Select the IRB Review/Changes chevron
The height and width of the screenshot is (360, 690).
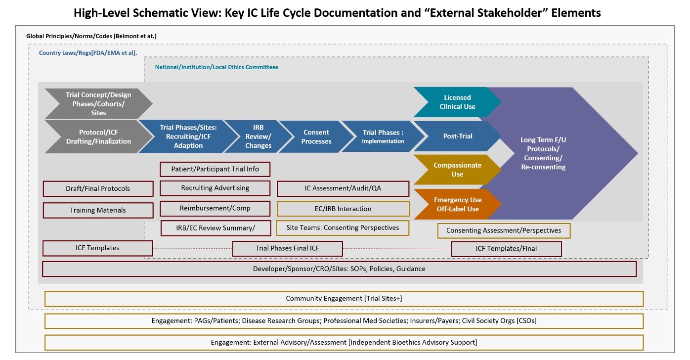click(x=258, y=136)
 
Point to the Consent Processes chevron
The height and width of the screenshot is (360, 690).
click(x=316, y=136)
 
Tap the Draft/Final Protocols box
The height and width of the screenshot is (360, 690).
click(x=98, y=188)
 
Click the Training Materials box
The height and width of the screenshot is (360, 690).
click(x=98, y=210)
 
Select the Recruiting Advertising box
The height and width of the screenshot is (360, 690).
click(x=215, y=188)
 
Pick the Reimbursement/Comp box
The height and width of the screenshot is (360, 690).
click(x=215, y=208)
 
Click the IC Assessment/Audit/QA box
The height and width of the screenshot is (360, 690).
click(x=343, y=188)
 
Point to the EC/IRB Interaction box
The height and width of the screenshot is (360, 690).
click(x=343, y=209)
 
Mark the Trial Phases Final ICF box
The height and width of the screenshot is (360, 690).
click(x=287, y=248)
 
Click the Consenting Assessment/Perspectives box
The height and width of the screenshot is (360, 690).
click(x=503, y=230)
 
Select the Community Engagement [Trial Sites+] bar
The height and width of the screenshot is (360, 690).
click(x=344, y=299)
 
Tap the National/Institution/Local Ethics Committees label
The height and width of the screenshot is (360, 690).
click(x=216, y=67)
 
